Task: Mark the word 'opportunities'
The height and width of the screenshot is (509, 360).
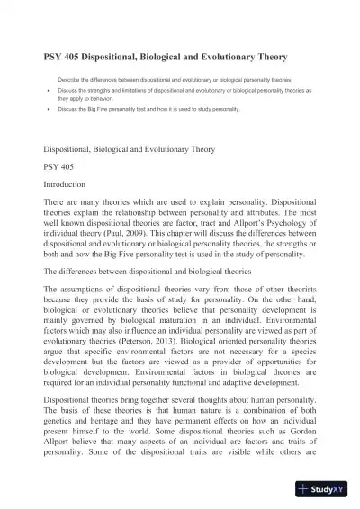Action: [x=257, y=377]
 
